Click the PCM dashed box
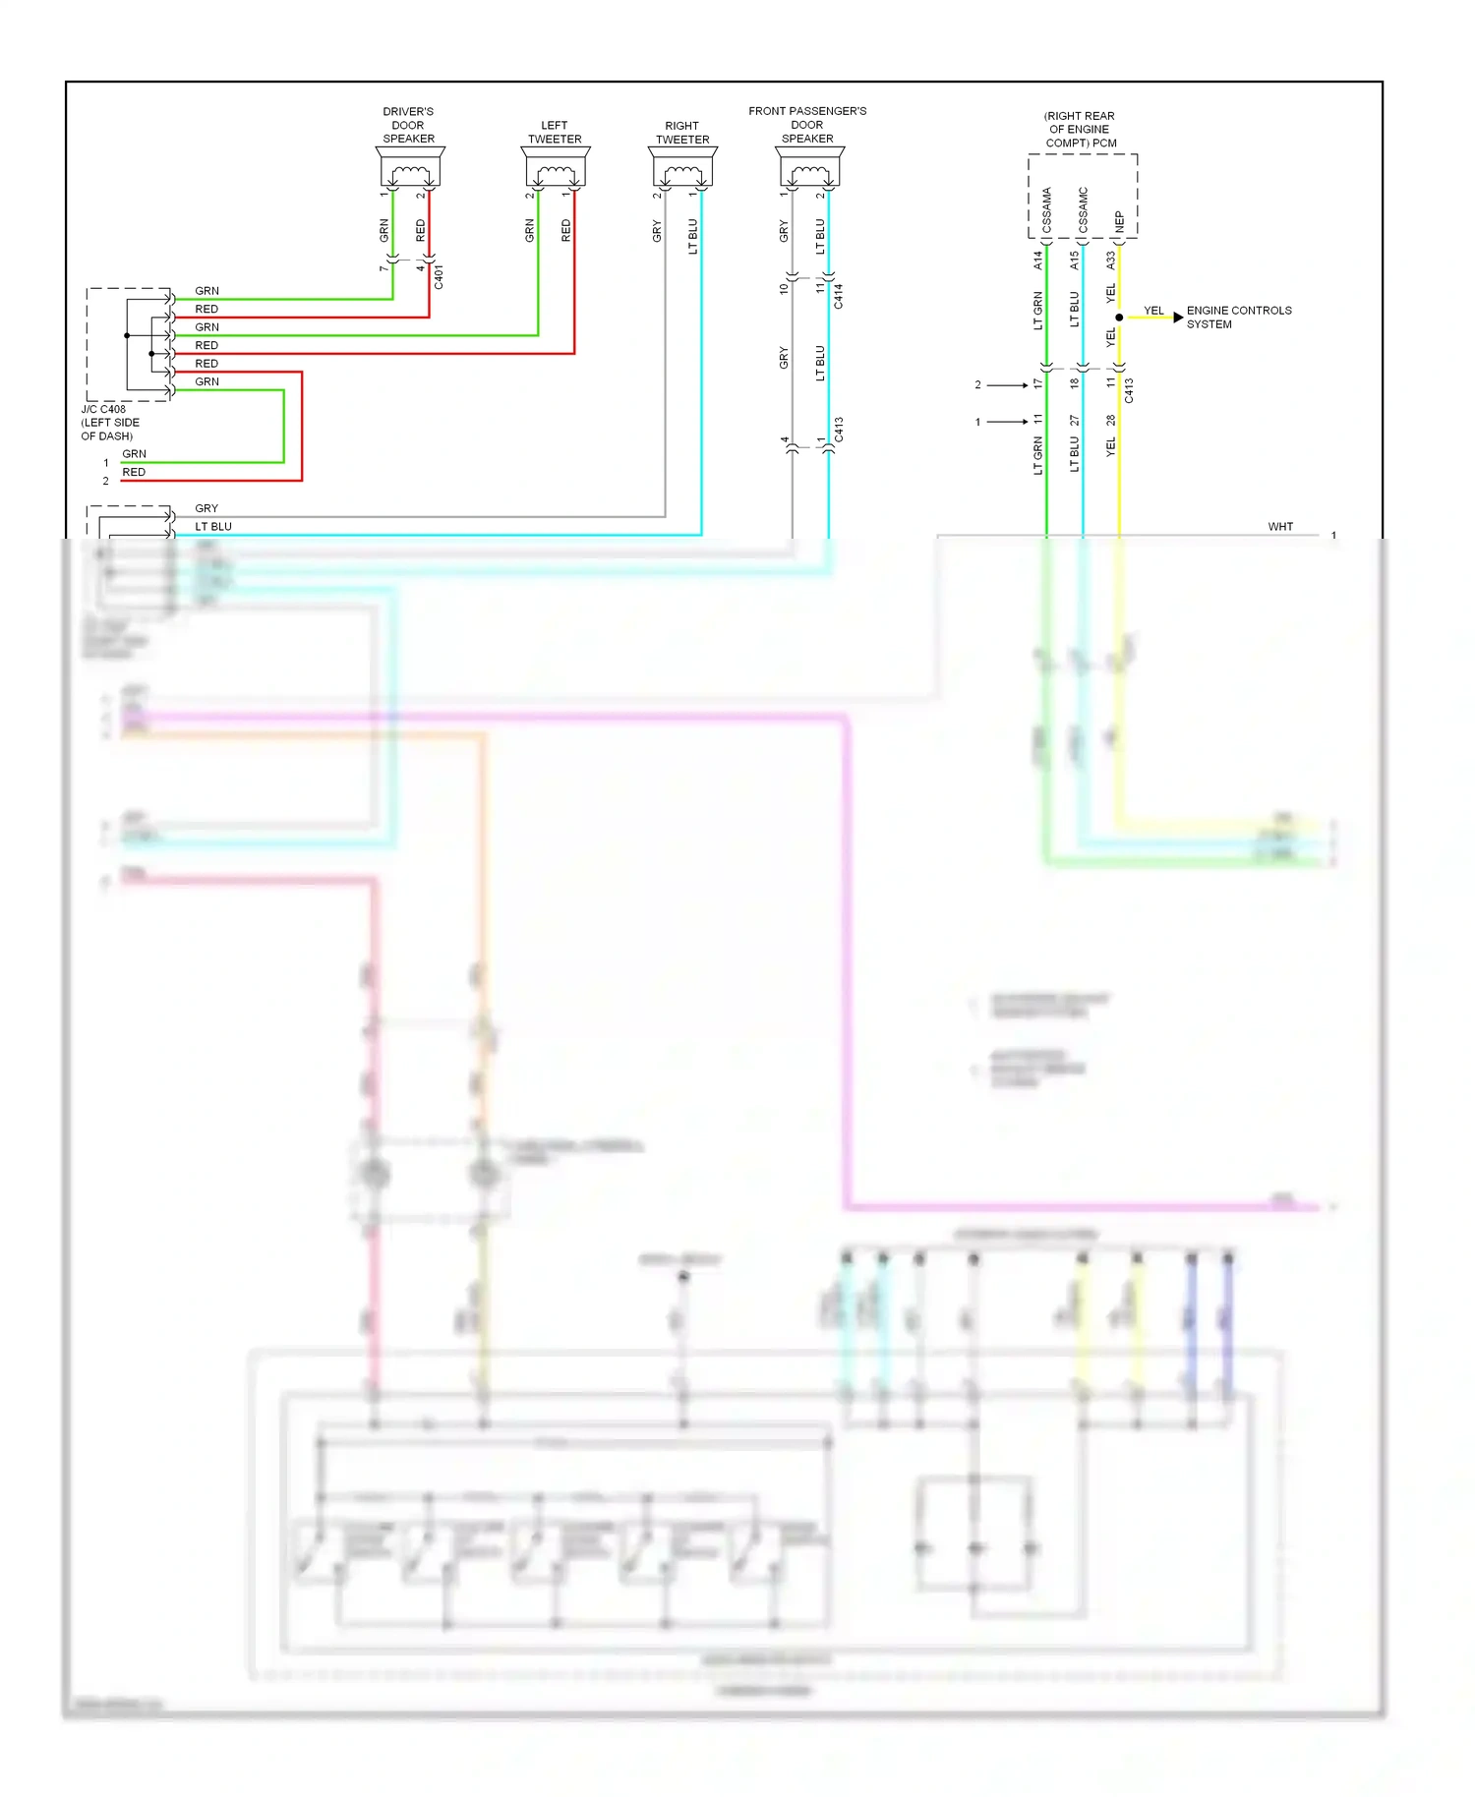pos(1083,196)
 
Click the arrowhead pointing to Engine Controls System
pos(1178,318)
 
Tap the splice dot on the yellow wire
pos(1119,318)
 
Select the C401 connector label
pos(439,276)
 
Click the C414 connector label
pos(838,296)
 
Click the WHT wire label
pos(1279,527)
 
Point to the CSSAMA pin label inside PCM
pos(1046,209)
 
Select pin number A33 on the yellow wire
pos(1110,261)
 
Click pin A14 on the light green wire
pos(1037,261)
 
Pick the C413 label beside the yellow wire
pos(1129,390)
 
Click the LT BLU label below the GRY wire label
pos(212,527)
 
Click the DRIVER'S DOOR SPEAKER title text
pos(408,125)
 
